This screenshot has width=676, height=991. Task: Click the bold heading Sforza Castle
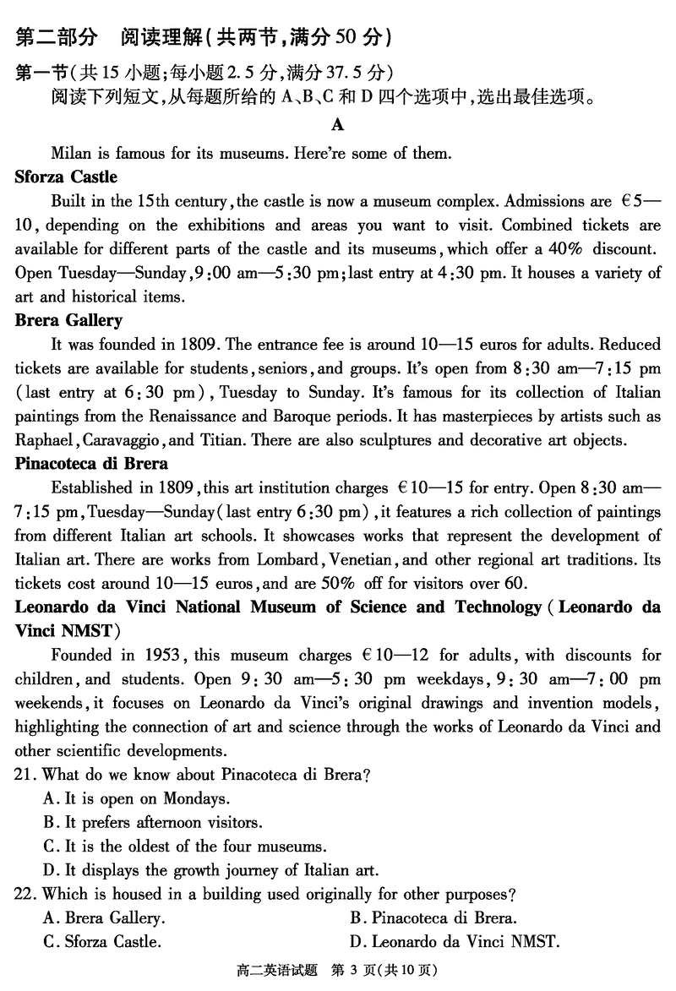tap(66, 177)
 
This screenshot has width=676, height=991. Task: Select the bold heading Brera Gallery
tap(68, 320)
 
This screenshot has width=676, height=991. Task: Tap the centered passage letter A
tap(338, 126)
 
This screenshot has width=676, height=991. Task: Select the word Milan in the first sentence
tap(71, 154)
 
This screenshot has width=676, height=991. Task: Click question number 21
tap(26, 774)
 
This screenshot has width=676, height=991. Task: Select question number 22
tap(26, 893)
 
